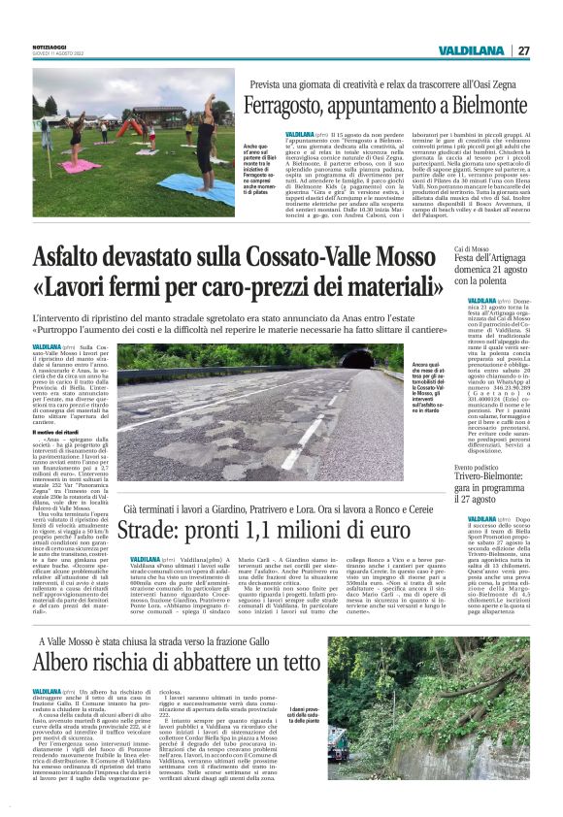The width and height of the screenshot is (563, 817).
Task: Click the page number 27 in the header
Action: (523, 50)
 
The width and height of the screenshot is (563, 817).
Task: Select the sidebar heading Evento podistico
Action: (455, 466)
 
